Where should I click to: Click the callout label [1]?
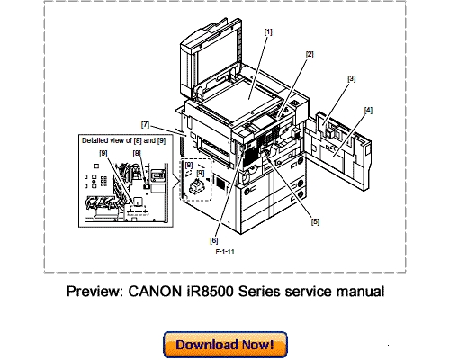(x=267, y=31)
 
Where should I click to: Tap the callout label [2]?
(x=309, y=55)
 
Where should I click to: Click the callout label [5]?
(x=315, y=220)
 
